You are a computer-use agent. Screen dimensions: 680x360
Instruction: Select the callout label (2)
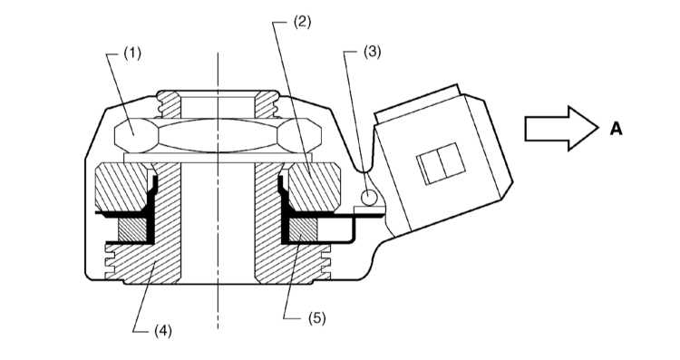(302, 21)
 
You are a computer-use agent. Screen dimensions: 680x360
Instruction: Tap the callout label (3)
(372, 52)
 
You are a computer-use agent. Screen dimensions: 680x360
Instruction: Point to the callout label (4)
(163, 331)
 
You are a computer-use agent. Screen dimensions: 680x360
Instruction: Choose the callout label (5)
(317, 318)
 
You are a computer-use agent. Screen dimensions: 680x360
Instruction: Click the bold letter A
(616, 129)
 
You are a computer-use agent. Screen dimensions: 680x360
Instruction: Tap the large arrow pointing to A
(561, 129)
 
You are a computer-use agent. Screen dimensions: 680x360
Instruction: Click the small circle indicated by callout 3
(369, 198)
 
